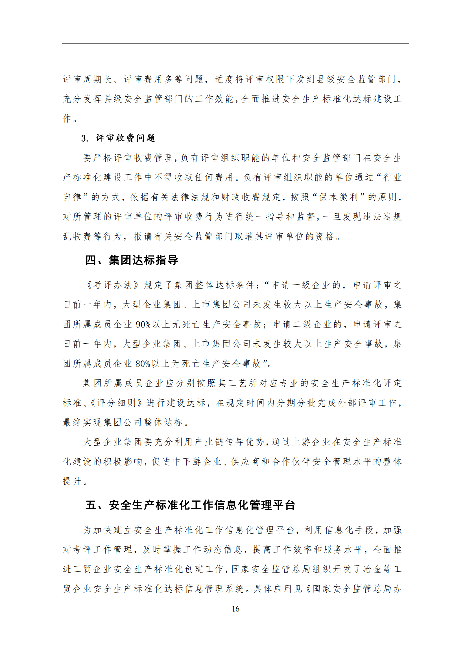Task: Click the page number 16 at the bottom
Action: tap(235, 609)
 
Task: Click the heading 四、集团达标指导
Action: tap(132, 260)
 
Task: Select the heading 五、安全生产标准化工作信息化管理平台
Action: tap(190, 505)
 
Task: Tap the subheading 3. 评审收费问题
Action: tap(118, 138)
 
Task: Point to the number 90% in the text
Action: tap(143, 324)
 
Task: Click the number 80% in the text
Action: tap(143, 364)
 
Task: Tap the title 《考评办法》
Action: tap(113, 285)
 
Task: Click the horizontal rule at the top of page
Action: tap(235, 43)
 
